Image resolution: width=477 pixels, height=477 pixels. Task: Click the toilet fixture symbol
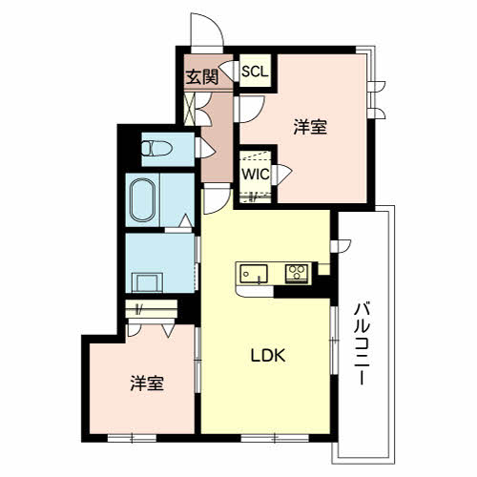[156, 148]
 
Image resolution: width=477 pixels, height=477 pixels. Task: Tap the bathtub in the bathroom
[143, 199]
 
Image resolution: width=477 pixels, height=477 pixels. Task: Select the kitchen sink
[254, 273]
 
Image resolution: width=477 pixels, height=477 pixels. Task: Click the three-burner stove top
[297, 273]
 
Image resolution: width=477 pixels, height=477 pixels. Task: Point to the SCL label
[255, 72]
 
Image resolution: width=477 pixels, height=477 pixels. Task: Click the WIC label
[256, 175]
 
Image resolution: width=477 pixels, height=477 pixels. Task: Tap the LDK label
[268, 356]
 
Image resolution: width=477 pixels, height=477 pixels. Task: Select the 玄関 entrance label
[202, 76]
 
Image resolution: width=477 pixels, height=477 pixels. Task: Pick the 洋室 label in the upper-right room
[310, 126]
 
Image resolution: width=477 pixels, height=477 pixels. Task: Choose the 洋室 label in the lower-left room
[147, 383]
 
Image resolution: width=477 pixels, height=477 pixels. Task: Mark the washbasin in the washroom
[147, 282]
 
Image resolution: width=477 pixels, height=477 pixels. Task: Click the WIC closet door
[281, 174]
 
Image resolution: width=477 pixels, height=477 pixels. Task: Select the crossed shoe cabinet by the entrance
[190, 109]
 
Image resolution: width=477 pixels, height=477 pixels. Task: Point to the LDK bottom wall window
[275, 439]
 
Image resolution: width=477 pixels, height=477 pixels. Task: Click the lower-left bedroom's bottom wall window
[132, 439]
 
